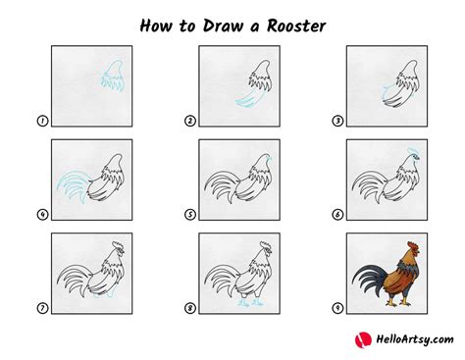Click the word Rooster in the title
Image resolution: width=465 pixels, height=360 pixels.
296,26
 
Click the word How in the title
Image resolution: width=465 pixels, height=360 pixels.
156,26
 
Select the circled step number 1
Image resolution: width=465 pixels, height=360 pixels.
42,121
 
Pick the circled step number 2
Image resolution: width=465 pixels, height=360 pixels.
190,121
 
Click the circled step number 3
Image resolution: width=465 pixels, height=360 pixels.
337,121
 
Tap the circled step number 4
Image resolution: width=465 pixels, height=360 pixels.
42,215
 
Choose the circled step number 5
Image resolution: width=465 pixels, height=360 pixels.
190,215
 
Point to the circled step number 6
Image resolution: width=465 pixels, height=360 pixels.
337,215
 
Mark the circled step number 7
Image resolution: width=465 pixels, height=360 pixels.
42,308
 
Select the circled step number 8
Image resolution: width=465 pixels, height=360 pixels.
190,308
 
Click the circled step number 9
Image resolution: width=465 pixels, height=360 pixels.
337,308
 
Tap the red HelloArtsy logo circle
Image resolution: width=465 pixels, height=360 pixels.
363,339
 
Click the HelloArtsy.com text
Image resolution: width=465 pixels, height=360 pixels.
415,339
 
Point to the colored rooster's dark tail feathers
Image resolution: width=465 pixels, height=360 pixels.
368,280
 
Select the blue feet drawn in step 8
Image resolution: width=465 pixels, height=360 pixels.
250,302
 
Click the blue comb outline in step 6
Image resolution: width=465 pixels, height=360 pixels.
413,151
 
